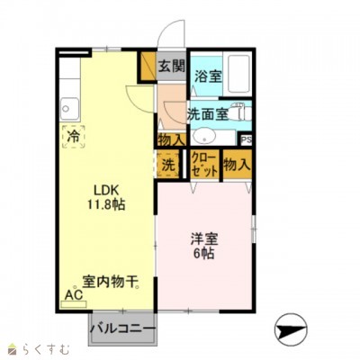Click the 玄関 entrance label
pyautogui.click(x=172, y=65)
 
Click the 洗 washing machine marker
pyautogui.click(x=168, y=165)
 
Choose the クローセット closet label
pyautogui.click(x=203, y=165)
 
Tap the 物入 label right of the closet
pyautogui.click(x=236, y=165)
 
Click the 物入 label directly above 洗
pyautogui.click(x=171, y=139)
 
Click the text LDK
pyautogui.click(x=106, y=189)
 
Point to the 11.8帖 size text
pyautogui.click(x=106, y=204)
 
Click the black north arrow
pyautogui.click(x=291, y=329)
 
